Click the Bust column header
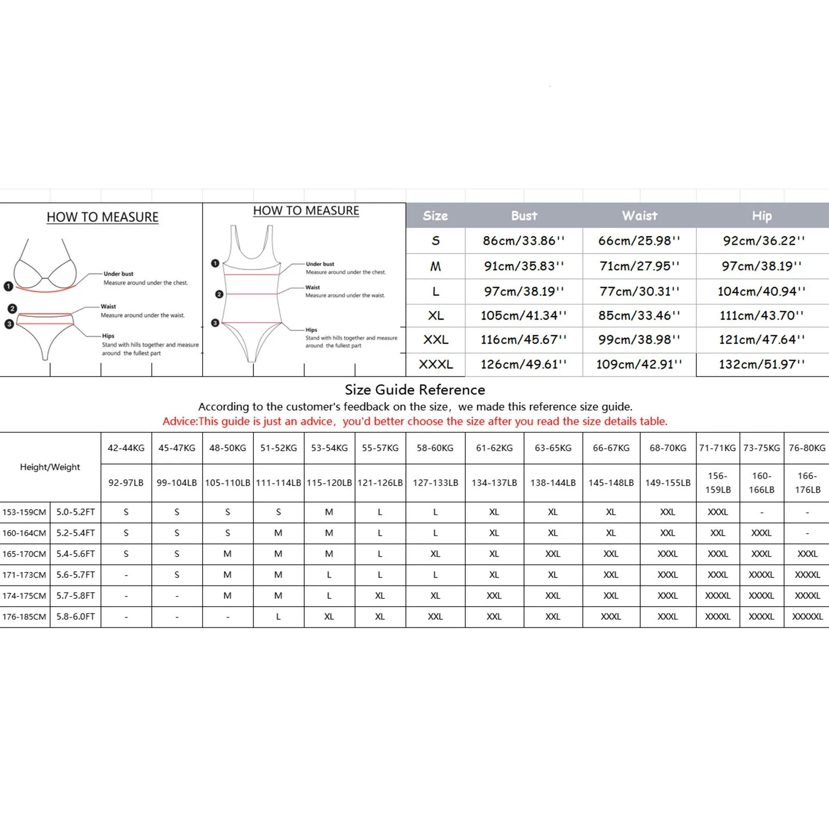coord(524,216)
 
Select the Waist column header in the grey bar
coord(639,216)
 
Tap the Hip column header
coord(762,216)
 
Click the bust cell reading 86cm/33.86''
coord(523,241)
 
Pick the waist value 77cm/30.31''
coord(639,291)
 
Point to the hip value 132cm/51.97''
coord(762,364)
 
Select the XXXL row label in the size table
coord(436,364)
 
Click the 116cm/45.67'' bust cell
coord(523,340)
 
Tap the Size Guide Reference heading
coord(415,390)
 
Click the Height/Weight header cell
coord(50,467)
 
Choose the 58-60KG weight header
coord(435,448)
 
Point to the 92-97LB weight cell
coord(126,482)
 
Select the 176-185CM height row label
coord(24,617)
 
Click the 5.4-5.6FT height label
coord(76,554)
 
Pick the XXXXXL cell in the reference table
coord(807,617)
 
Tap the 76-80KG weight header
coord(807,448)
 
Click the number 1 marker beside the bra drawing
coord(8,285)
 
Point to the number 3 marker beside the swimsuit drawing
coord(215,323)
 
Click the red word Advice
coord(179,421)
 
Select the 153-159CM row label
coord(24,512)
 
